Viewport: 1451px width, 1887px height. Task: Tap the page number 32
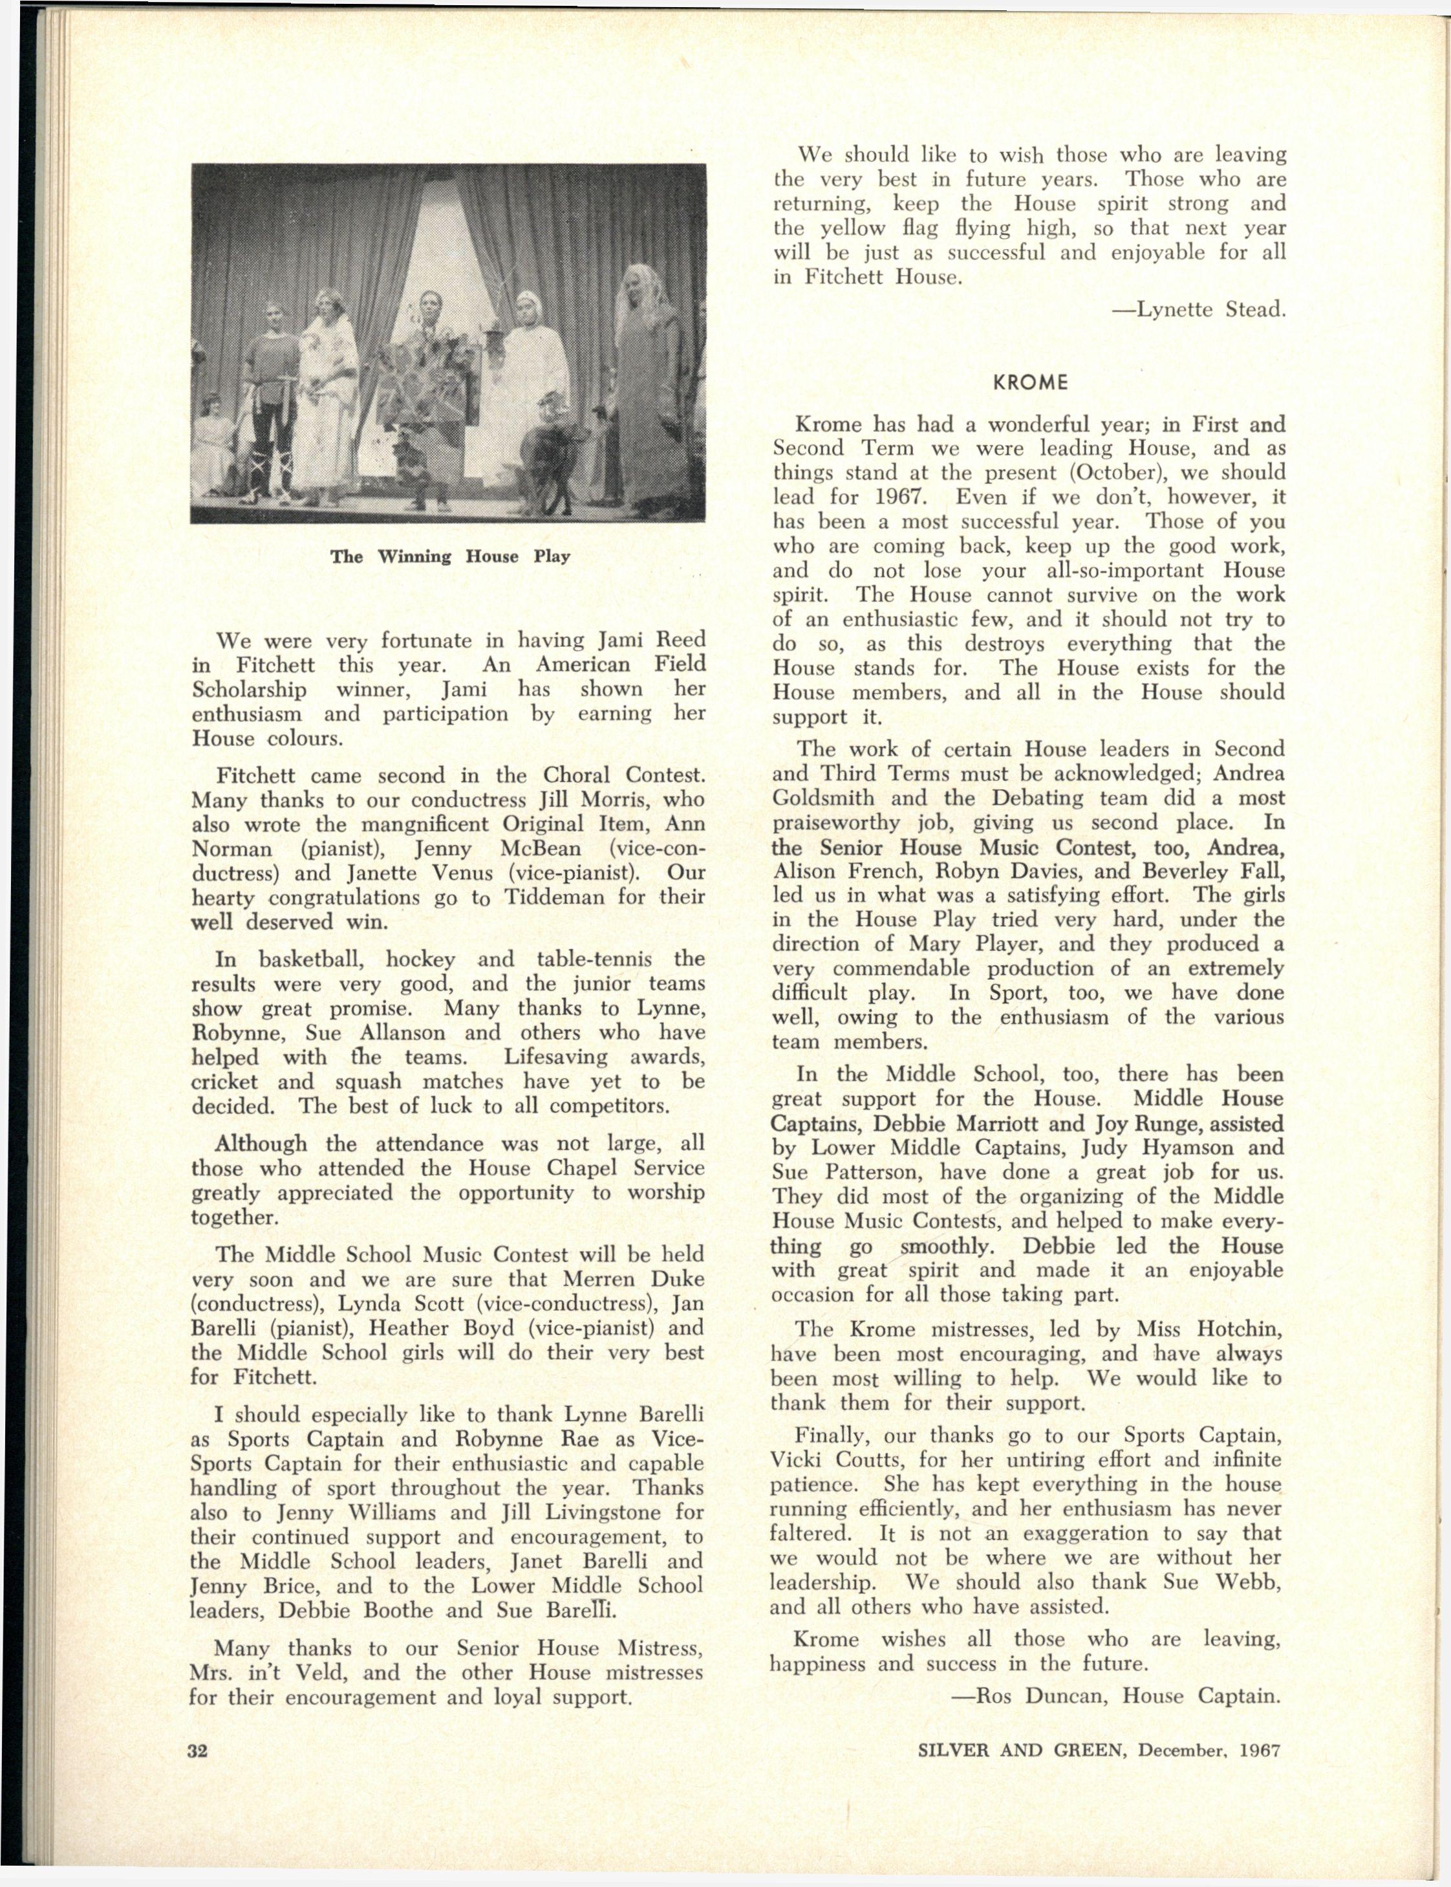pos(199,1751)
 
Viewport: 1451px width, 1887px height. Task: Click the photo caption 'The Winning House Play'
pos(450,556)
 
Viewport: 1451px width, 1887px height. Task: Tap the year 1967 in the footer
pos(1259,1751)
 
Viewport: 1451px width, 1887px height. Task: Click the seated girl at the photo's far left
pos(213,441)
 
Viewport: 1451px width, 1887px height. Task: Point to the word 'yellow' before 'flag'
pos(852,228)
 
